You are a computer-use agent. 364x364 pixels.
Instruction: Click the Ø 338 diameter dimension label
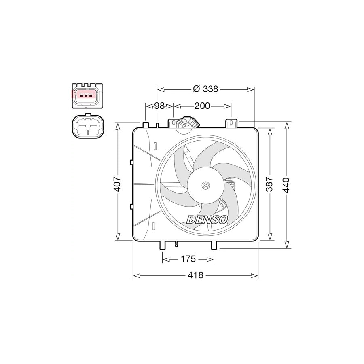(206, 89)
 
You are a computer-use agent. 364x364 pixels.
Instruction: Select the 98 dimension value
(159, 106)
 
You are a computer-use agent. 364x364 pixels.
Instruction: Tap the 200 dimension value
(202, 106)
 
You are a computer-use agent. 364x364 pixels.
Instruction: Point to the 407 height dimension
(117, 184)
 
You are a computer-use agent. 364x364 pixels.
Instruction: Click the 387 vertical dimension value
(269, 184)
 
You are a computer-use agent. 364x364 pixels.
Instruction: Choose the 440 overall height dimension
(287, 185)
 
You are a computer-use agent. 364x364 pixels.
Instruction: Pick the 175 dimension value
(188, 259)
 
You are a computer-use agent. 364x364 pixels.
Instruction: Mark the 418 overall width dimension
(195, 275)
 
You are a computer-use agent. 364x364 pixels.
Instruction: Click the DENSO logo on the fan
(207, 220)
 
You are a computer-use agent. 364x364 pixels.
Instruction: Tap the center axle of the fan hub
(205, 186)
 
